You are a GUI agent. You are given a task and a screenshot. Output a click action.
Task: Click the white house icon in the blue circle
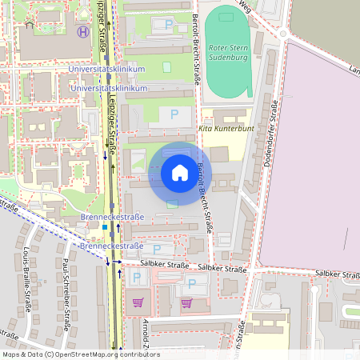coord(179,172)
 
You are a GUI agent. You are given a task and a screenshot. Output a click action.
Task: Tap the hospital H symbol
coord(82,32)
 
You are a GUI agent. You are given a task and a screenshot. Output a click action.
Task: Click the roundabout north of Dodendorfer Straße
coord(282,34)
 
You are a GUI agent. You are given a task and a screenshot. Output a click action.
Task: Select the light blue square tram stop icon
coord(103,227)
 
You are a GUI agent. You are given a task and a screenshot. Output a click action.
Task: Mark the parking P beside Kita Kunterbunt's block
coord(174,115)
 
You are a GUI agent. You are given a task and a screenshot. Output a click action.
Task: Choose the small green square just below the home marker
coord(172,203)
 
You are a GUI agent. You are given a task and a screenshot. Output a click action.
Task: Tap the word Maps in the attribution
coord(11,354)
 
